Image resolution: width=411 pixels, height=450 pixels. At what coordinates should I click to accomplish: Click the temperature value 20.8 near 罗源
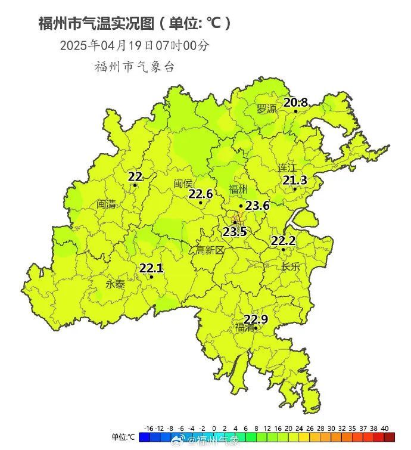(x=295, y=103)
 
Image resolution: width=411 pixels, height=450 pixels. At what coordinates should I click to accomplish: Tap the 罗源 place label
(x=267, y=109)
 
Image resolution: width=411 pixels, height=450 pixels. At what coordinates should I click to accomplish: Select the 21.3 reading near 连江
(x=295, y=180)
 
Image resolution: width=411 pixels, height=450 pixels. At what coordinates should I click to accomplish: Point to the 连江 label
(x=287, y=167)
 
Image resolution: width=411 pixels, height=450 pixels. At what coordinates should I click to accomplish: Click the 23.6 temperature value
(x=258, y=206)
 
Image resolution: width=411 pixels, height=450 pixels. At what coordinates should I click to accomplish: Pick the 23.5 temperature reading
(x=235, y=231)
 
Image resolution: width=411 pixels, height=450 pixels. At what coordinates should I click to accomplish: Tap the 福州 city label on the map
(x=238, y=190)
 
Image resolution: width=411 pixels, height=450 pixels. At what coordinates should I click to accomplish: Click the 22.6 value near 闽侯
(x=201, y=194)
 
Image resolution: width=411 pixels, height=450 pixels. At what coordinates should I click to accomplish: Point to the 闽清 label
(x=106, y=204)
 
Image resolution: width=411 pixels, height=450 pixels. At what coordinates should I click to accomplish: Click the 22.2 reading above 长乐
(x=284, y=241)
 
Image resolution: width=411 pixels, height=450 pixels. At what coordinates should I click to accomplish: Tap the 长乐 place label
(x=291, y=266)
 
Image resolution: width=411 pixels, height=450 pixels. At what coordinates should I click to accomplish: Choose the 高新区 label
(x=210, y=251)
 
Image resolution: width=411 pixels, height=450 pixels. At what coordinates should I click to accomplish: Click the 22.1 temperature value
(x=151, y=268)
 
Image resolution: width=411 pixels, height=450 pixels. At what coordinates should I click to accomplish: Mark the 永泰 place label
(x=116, y=284)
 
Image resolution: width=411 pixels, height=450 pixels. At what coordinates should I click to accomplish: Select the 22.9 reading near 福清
(x=256, y=319)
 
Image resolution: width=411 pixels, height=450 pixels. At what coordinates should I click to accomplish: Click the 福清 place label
(x=245, y=328)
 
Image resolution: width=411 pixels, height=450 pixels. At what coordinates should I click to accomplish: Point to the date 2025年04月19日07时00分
(x=135, y=45)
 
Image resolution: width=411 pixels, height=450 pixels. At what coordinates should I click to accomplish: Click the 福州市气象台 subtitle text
(x=135, y=67)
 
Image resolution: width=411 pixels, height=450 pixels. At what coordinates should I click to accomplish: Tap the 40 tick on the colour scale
(x=384, y=429)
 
